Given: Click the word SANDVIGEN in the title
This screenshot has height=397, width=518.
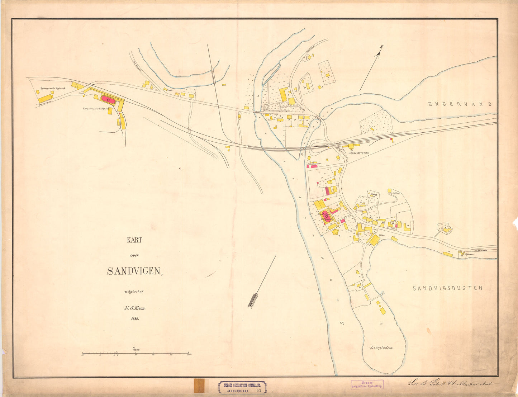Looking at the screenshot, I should (134, 271).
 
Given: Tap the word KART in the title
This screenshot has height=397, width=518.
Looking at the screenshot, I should (134, 240).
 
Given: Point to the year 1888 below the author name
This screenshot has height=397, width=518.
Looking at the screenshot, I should (134, 318).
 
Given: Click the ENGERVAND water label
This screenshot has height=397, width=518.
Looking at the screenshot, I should (460, 104).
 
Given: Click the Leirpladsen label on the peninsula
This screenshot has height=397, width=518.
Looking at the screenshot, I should (382, 348).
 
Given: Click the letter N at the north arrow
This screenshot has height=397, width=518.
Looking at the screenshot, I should (381, 47).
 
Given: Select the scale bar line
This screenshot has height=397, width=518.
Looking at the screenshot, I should (135, 354).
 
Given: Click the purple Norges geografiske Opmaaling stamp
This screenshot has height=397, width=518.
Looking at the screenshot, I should (367, 384).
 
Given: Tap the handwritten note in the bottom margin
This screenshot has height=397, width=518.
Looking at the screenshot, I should (452, 383).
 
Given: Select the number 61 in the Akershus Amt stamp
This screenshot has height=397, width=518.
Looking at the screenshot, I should (259, 390).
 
